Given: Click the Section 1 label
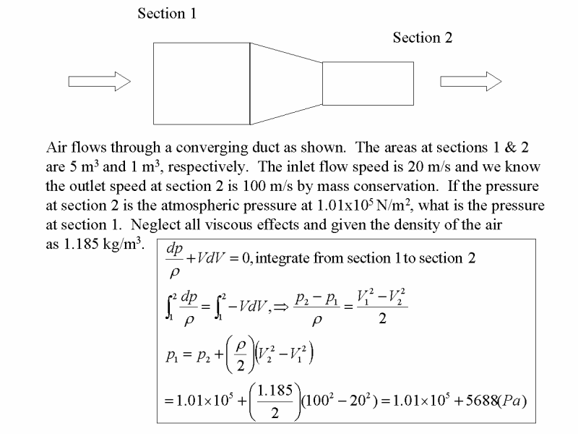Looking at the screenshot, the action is pyautogui.click(x=167, y=14).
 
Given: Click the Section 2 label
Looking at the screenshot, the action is pyautogui.click(x=423, y=38).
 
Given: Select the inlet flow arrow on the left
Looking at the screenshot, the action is pyautogui.click(x=100, y=81).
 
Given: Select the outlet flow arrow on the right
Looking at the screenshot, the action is pyautogui.click(x=471, y=81).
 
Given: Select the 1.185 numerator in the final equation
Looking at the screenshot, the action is pyautogui.click(x=275, y=390).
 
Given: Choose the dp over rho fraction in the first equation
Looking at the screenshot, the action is pyautogui.click(x=174, y=260).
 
